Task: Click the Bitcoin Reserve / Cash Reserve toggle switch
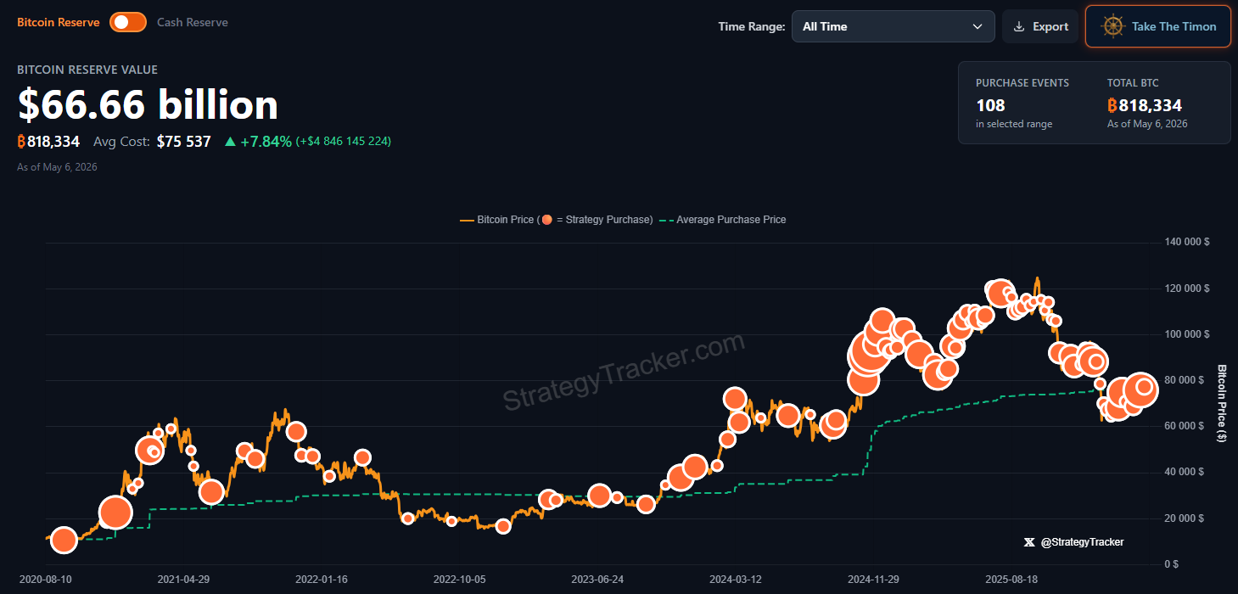pos(127,22)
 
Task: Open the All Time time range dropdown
pos(893,26)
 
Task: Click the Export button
pos(1040,26)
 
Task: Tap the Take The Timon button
pos(1158,26)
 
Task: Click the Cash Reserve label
pos(193,22)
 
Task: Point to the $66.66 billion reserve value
pos(148,104)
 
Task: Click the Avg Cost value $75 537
pos(183,142)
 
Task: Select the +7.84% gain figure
pos(266,142)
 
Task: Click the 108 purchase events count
pos(990,105)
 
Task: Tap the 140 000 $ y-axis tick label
pos(1186,242)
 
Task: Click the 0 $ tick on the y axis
pos(1171,564)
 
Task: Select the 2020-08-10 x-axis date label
pos(45,579)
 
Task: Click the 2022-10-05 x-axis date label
pos(459,579)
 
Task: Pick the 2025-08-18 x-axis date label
pos(1011,579)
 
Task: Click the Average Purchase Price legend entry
pos(723,220)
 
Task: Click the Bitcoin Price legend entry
pos(557,220)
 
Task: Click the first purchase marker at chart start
pos(64,540)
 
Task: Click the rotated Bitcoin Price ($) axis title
pos(1222,403)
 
